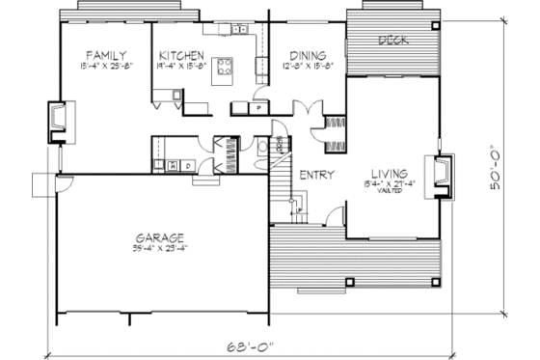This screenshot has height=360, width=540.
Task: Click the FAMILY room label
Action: point(103,55)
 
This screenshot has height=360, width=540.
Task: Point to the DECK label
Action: point(391,41)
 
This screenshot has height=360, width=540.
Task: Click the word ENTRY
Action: point(316,176)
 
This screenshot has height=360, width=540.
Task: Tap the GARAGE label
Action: point(160,237)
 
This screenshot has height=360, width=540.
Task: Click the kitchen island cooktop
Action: point(225,67)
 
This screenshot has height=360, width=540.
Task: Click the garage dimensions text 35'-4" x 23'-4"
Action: point(159,249)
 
